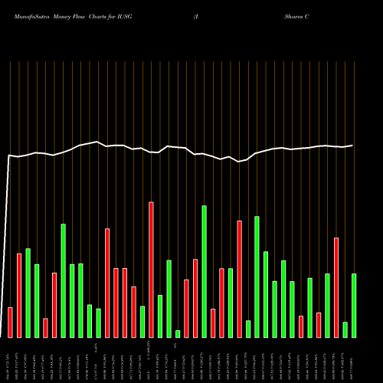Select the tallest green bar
tap(204, 271)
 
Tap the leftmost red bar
tap(10, 322)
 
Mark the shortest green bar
tap(178, 333)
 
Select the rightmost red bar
tap(336, 287)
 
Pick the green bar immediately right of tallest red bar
tap(160, 316)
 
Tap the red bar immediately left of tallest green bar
tap(195, 298)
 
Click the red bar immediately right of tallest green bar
tap(213, 322)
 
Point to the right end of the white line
tap(353, 145)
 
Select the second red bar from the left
tap(19, 295)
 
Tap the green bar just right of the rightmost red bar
tap(345, 329)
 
